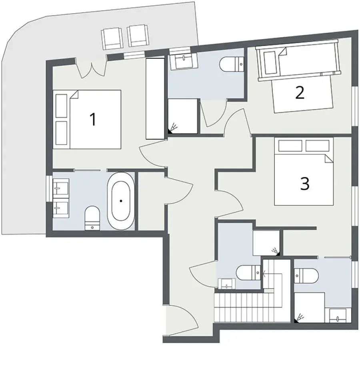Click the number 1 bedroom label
coord(93,120)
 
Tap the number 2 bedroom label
coord(300,93)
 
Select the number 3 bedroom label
coord(304,183)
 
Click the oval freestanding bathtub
coord(121,201)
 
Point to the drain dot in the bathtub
coord(121,201)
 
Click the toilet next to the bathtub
coord(92,218)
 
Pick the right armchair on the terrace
coord(138,36)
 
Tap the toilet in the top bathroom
coord(232,64)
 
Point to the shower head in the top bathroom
coord(173,128)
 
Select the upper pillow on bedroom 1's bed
coord(61,106)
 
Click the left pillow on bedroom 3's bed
coord(290,146)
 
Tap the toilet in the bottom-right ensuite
coord(306,275)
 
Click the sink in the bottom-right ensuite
coord(338,316)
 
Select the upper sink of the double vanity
coord(60,187)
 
